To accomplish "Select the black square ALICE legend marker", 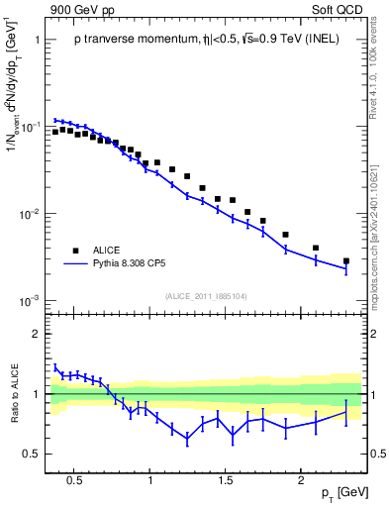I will [x=75, y=250].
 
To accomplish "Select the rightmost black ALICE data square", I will [x=345, y=261].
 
